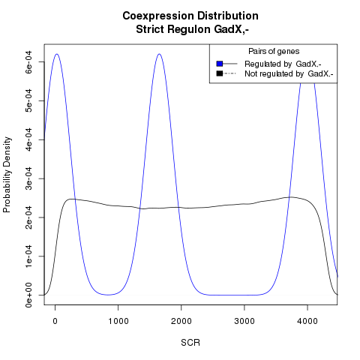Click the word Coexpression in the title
pos(158,16)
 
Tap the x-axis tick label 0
pos(55,321)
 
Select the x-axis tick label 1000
pos(118,321)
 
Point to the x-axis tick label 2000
pos(181,321)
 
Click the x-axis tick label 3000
pos(244,321)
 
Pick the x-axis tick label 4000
pos(307,321)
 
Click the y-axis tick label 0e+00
pos(28,295)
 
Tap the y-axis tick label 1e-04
pos(28,256)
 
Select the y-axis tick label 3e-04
pos(28,178)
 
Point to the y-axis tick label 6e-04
pos(28,62)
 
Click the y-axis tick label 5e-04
pos(28,100)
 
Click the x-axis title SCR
pos(190,343)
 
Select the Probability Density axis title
pos(7,175)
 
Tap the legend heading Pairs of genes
pos(274,51)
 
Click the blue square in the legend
pos(220,64)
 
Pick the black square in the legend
pos(220,73)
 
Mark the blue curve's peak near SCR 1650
pos(159,54)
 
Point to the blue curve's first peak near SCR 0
pos(57,54)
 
